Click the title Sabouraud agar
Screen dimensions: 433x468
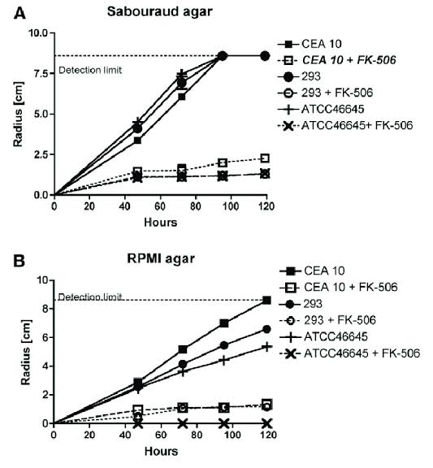(x=160, y=12)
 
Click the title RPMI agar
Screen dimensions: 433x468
(x=161, y=258)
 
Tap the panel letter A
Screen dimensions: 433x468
(x=19, y=14)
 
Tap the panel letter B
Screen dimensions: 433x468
(x=19, y=261)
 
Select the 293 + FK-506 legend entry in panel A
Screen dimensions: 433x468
(x=325, y=93)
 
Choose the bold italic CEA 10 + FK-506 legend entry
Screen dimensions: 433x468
(x=336, y=60)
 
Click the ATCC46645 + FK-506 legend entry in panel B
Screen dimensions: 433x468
(x=350, y=353)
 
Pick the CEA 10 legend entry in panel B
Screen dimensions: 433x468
(x=312, y=271)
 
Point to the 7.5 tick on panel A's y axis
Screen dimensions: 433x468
(x=41, y=73)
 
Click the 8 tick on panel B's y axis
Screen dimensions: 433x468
(x=45, y=309)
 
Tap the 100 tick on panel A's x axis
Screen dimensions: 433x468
(x=231, y=206)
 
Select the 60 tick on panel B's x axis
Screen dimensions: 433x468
(x=161, y=435)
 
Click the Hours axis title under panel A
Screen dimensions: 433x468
(x=161, y=223)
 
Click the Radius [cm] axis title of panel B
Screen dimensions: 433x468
(x=26, y=353)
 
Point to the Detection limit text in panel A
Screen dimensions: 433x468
(x=90, y=70)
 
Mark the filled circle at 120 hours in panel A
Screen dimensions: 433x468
(x=265, y=56)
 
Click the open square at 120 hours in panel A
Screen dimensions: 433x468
(x=265, y=158)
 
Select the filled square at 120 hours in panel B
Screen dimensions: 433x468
(x=266, y=300)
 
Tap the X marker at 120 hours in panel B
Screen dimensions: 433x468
(x=266, y=423)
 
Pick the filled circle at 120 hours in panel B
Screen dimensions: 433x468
(x=266, y=329)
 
